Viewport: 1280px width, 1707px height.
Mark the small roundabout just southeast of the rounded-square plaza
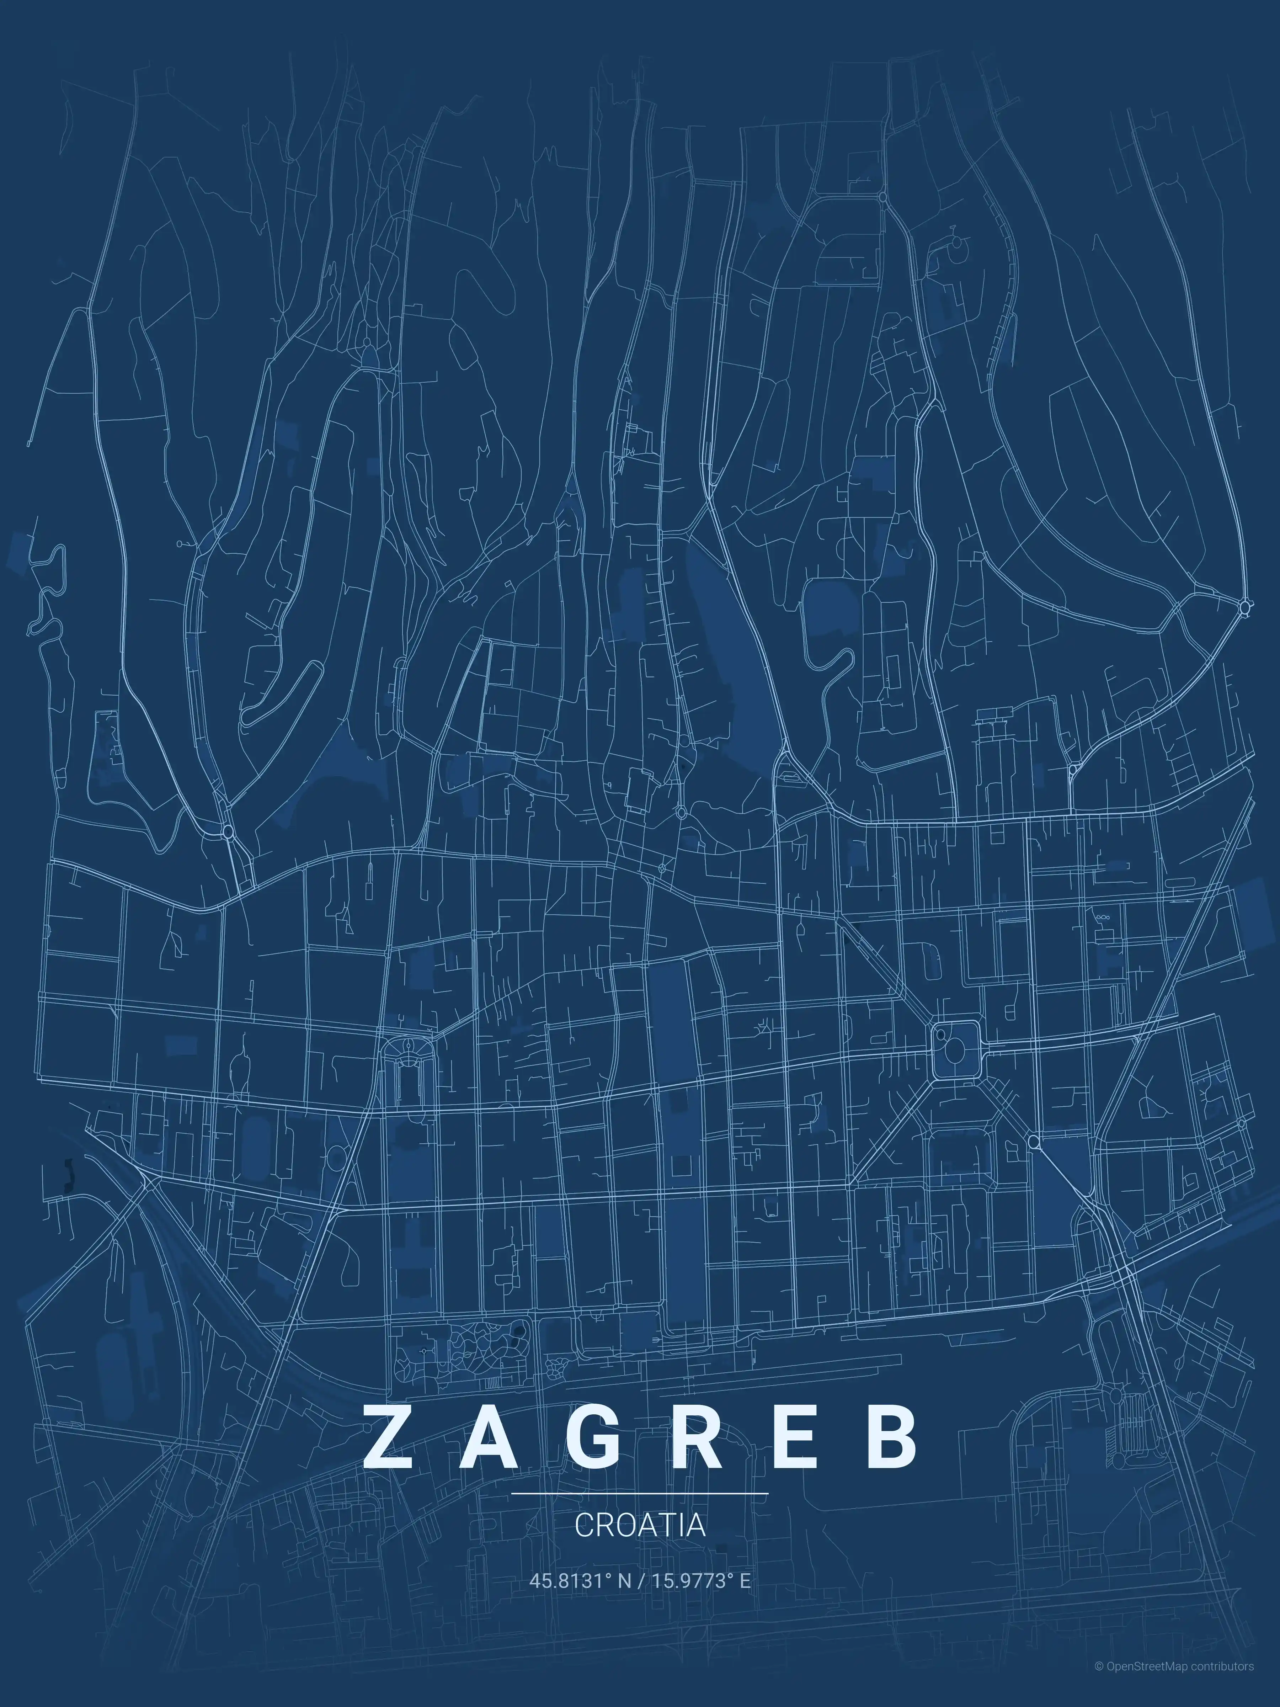click(x=1034, y=1141)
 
